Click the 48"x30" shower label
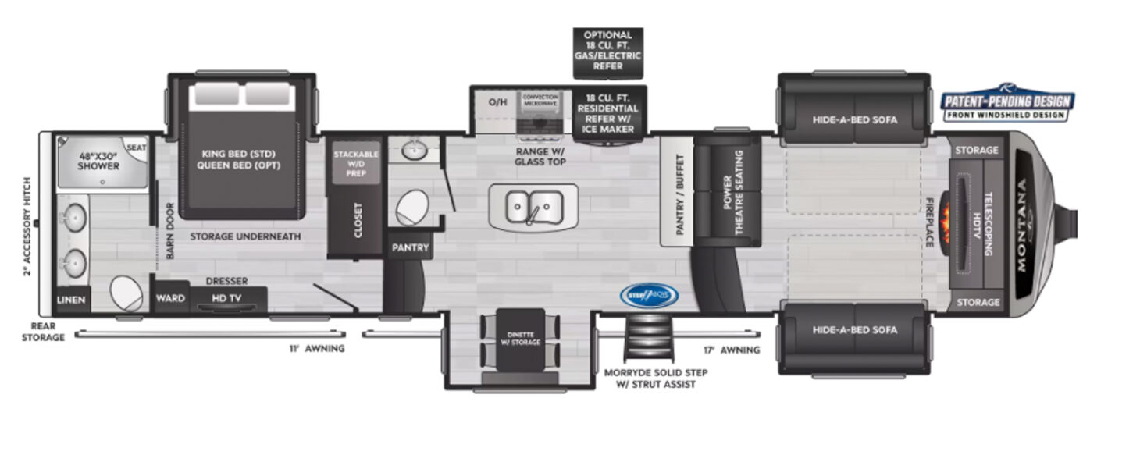98,160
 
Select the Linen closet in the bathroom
72,299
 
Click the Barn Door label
169,231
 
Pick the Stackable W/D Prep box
356,162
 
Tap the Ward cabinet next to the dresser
170,298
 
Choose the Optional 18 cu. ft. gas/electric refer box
608,51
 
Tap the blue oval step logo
649,295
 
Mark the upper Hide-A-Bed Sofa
854,120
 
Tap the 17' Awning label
731,350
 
